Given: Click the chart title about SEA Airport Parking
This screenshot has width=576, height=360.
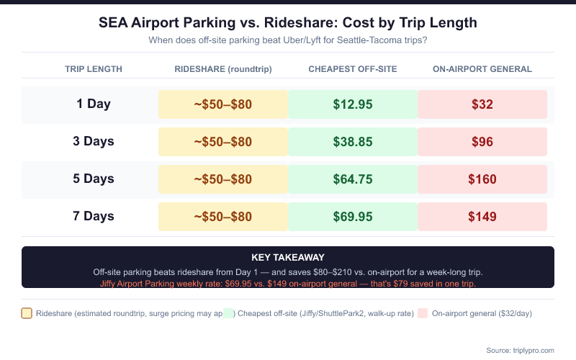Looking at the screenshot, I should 288,22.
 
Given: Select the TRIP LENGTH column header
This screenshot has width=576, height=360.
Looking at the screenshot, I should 94,69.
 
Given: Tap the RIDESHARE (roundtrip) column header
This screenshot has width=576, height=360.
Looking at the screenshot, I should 223,69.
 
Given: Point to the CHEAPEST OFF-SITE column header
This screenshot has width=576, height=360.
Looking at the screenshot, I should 353,69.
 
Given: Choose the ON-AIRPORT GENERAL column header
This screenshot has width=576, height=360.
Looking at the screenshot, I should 482,69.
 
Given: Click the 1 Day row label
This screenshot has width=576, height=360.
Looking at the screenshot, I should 94,104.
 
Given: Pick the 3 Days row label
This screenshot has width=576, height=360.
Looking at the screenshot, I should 94,141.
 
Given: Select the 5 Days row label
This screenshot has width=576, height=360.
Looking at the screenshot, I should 94,179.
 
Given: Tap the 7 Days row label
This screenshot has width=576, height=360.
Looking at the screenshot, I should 94,216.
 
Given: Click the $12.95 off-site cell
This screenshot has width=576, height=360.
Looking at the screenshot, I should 353,104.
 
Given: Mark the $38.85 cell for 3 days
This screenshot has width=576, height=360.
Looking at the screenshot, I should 353,142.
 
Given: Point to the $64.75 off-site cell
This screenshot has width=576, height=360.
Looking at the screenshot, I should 353,179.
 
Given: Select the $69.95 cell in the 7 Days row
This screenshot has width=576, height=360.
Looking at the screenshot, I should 353,217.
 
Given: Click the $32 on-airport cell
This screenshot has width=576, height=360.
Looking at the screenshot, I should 482,104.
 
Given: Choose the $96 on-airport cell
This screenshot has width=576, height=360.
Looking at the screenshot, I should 482,142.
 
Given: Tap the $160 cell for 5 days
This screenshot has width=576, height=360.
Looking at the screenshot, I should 482,179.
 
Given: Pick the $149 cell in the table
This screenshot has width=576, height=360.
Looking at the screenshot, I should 482,217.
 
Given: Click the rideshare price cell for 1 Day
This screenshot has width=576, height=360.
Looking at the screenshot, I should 223,104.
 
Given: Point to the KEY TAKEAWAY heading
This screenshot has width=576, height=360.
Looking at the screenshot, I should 288,257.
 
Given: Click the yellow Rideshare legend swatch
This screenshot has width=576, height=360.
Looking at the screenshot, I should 27,313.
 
